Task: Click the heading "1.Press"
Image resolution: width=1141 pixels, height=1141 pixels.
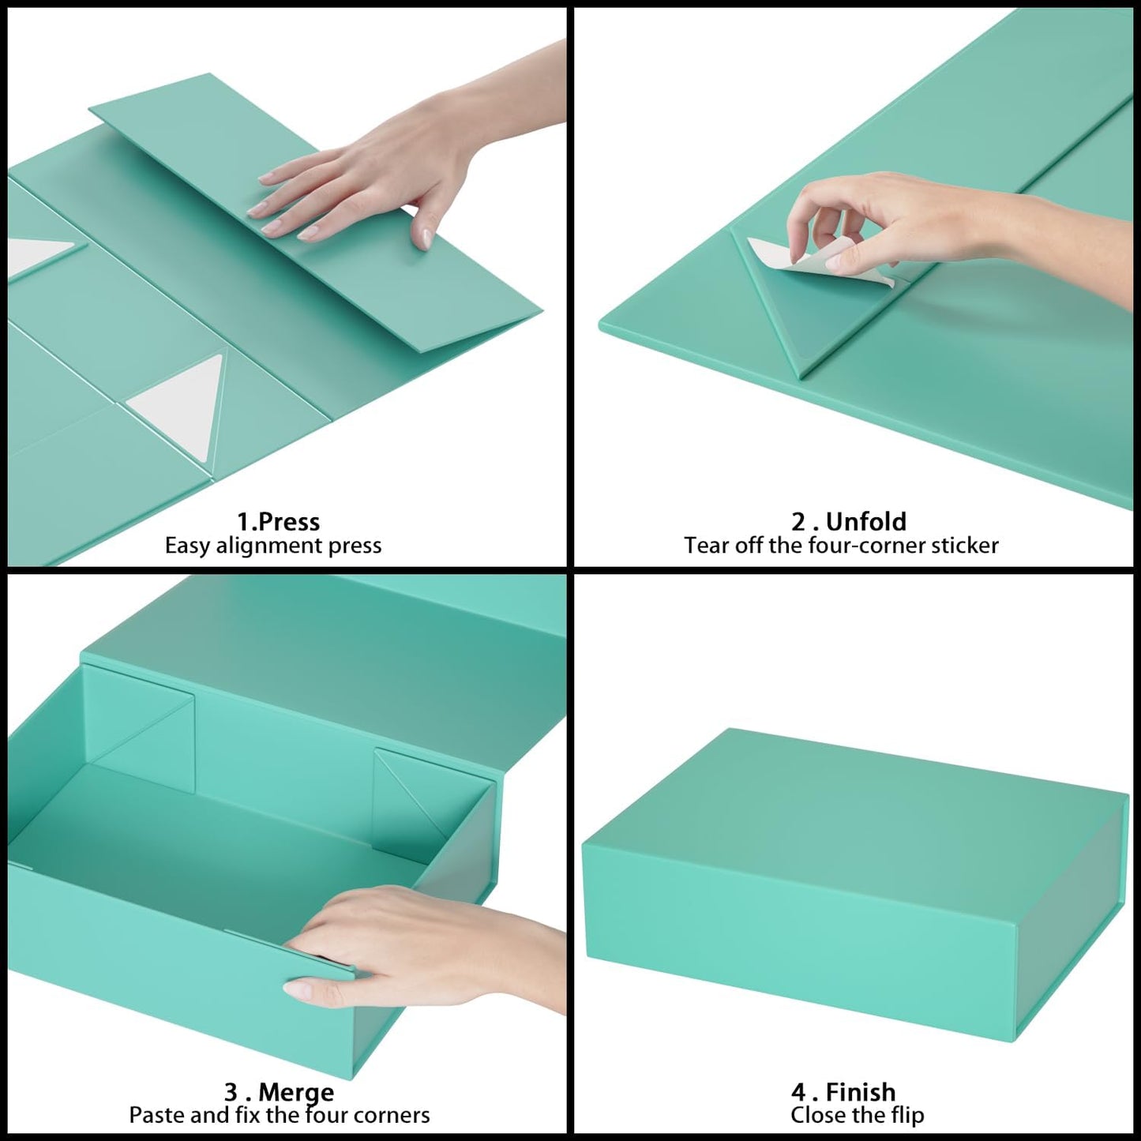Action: [x=278, y=522]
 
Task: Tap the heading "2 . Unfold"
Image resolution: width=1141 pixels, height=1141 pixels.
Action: [x=849, y=522]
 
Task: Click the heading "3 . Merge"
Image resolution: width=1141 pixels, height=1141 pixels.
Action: [x=279, y=1092]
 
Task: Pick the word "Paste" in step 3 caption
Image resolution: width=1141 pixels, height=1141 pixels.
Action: [x=159, y=1115]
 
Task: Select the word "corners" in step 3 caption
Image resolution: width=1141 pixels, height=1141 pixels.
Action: [x=392, y=1115]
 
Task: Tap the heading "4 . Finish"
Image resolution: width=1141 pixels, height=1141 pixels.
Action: [x=843, y=1092]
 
